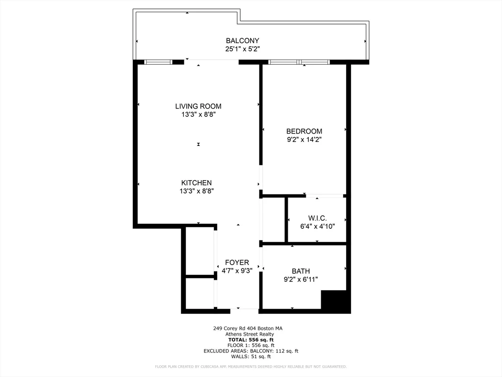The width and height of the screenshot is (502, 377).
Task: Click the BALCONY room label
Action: tap(242, 41)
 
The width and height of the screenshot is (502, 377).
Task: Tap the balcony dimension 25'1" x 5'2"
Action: tap(242, 49)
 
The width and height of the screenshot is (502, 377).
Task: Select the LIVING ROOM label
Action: tap(198, 106)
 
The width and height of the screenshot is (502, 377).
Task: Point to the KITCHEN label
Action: tap(196, 183)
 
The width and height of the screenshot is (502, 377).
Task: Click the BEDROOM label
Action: tap(304, 131)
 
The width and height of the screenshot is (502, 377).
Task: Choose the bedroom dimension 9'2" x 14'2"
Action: tap(304, 139)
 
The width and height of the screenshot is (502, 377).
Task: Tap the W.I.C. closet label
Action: tap(317, 218)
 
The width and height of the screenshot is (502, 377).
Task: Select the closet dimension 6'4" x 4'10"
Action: tap(317, 226)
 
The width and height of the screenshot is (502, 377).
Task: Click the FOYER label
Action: tap(237, 262)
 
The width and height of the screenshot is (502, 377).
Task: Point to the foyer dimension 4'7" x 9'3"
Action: tap(237, 270)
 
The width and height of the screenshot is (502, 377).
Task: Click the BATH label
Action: tap(301, 271)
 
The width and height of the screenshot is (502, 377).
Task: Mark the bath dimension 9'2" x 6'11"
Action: tap(301, 279)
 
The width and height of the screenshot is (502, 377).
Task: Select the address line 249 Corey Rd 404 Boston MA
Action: tap(248, 328)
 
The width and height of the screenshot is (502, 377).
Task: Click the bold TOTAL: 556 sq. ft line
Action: tap(251, 340)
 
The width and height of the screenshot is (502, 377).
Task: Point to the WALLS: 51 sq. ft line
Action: tap(251, 356)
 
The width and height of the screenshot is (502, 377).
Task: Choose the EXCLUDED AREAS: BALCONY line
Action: tap(251, 351)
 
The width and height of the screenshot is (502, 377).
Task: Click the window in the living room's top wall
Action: tap(158, 62)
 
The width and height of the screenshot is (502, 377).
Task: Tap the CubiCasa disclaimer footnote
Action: tap(251, 367)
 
